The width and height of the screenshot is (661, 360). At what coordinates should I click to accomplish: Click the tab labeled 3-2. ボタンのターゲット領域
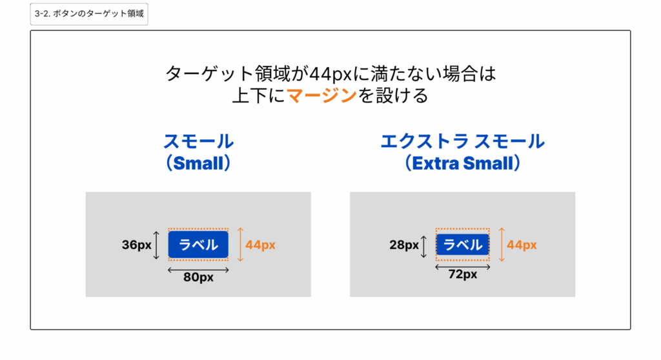pos(89,14)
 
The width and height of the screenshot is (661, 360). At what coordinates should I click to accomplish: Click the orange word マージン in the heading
pos(321,95)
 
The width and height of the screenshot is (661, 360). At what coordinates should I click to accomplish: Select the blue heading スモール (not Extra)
pos(198,141)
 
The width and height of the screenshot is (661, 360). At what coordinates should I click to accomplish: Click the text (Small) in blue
pos(198,163)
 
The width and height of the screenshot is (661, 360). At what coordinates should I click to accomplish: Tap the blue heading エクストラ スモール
pos(462,141)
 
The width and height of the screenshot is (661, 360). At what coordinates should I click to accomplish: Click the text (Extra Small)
pos(462,163)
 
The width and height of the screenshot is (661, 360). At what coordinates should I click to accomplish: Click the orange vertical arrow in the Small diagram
pos(240,245)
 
